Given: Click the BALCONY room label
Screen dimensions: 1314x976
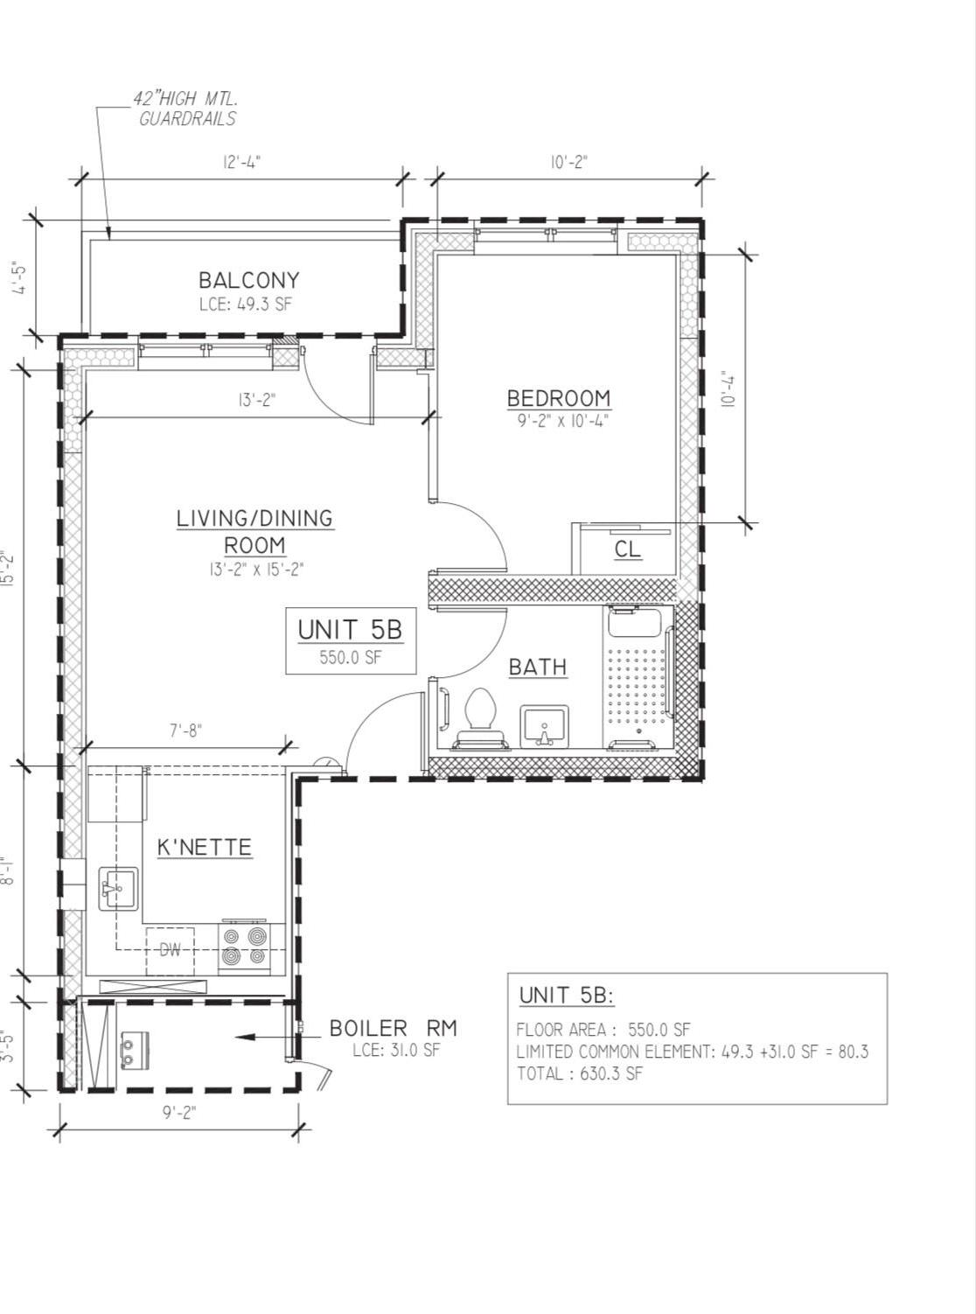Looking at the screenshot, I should tap(248, 280).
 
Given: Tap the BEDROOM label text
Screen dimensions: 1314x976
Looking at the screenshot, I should tap(559, 398).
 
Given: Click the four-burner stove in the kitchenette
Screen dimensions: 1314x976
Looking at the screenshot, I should tap(243, 947).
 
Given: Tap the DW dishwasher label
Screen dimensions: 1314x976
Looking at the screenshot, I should tap(170, 949).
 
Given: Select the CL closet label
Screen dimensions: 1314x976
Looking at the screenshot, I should tap(627, 549).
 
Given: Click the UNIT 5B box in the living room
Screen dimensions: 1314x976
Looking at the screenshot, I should tap(350, 641).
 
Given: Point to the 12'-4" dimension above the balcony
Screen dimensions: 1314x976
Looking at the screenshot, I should tap(242, 162).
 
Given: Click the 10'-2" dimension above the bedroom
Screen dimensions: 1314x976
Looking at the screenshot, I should tap(568, 162).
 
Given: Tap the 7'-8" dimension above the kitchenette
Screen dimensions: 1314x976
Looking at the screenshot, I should tap(185, 730).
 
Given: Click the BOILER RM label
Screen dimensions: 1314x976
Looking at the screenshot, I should tap(393, 1028).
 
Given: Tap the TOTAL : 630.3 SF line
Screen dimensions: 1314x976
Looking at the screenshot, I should tap(579, 1073).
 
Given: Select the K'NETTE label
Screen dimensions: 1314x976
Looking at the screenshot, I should tap(205, 847).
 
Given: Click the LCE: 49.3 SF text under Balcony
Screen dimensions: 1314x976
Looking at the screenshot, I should tap(248, 304).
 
